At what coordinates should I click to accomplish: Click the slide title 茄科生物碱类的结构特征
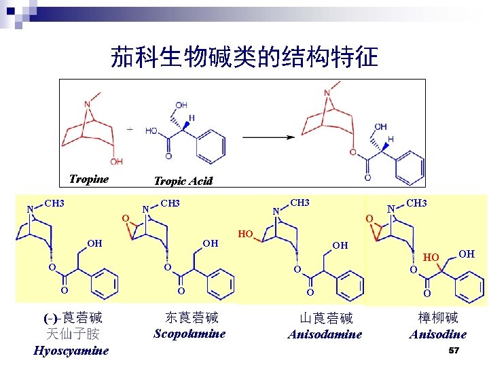pyautogui.click(x=244, y=57)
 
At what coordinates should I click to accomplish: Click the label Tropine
pyautogui.click(x=89, y=179)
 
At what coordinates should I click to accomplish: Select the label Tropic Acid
pyautogui.click(x=183, y=181)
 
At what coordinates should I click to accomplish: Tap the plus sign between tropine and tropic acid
pyautogui.click(x=130, y=128)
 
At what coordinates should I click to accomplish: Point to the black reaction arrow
pyautogui.click(x=269, y=137)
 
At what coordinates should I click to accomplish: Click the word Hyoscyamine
pyautogui.click(x=71, y=351)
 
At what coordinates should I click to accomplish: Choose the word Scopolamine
pyautogui.click(x=189, y=334)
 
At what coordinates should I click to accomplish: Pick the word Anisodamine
pyautogui.click(x=325, y=334)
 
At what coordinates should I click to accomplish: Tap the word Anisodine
pyautogui.click(x=437, y=334)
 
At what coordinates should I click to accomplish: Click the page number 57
pyautogui.click(x=454, y=350)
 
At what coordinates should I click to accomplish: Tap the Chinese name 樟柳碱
pyautogui.click(x=438, y=317)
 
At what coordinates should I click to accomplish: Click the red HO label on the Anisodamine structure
pyautogui.click(x=245, y=234)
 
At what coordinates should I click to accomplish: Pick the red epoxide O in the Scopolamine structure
pyautogui.click(x=125, y=217)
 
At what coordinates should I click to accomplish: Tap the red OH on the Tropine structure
pyautogui.click(x=117, y=161)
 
